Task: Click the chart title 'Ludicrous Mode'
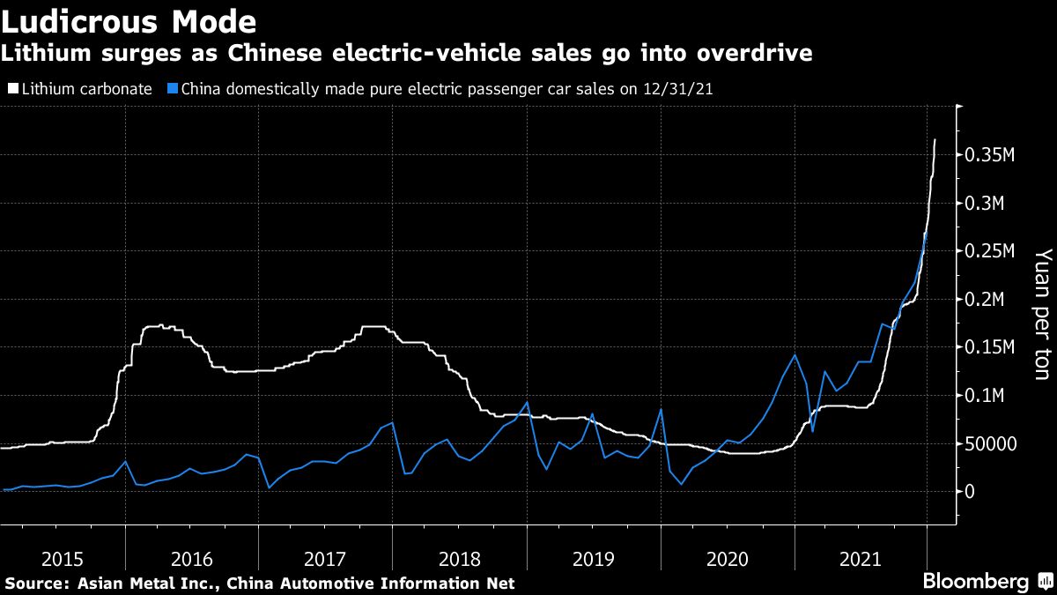129,21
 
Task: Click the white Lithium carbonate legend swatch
12,89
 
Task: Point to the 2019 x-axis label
595,559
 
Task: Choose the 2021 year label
861,559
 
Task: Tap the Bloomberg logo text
975,582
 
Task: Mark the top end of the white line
935,139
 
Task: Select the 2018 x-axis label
461,559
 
